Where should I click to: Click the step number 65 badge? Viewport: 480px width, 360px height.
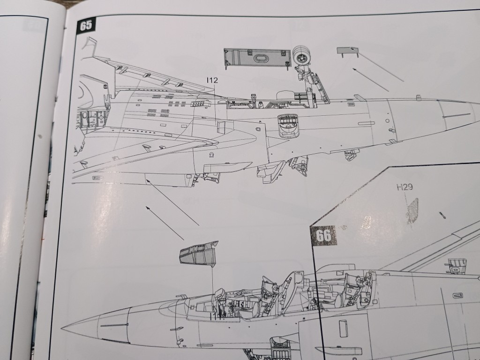tap(86, 26)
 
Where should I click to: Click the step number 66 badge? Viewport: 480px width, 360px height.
tap(323, 236)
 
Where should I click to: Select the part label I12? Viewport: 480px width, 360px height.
tap(212, 81)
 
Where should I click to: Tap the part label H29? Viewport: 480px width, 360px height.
tap(404, 188)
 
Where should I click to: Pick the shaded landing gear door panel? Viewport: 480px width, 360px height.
tap(254, 59)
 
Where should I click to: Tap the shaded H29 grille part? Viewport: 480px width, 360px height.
tap(412, 210)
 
